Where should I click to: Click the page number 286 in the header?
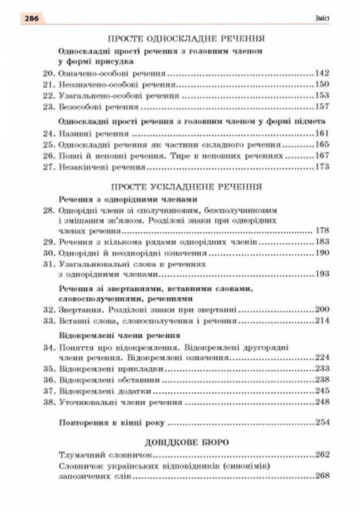click(x=17, y=16)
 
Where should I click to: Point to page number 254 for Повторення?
click(x=319, y=422)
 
